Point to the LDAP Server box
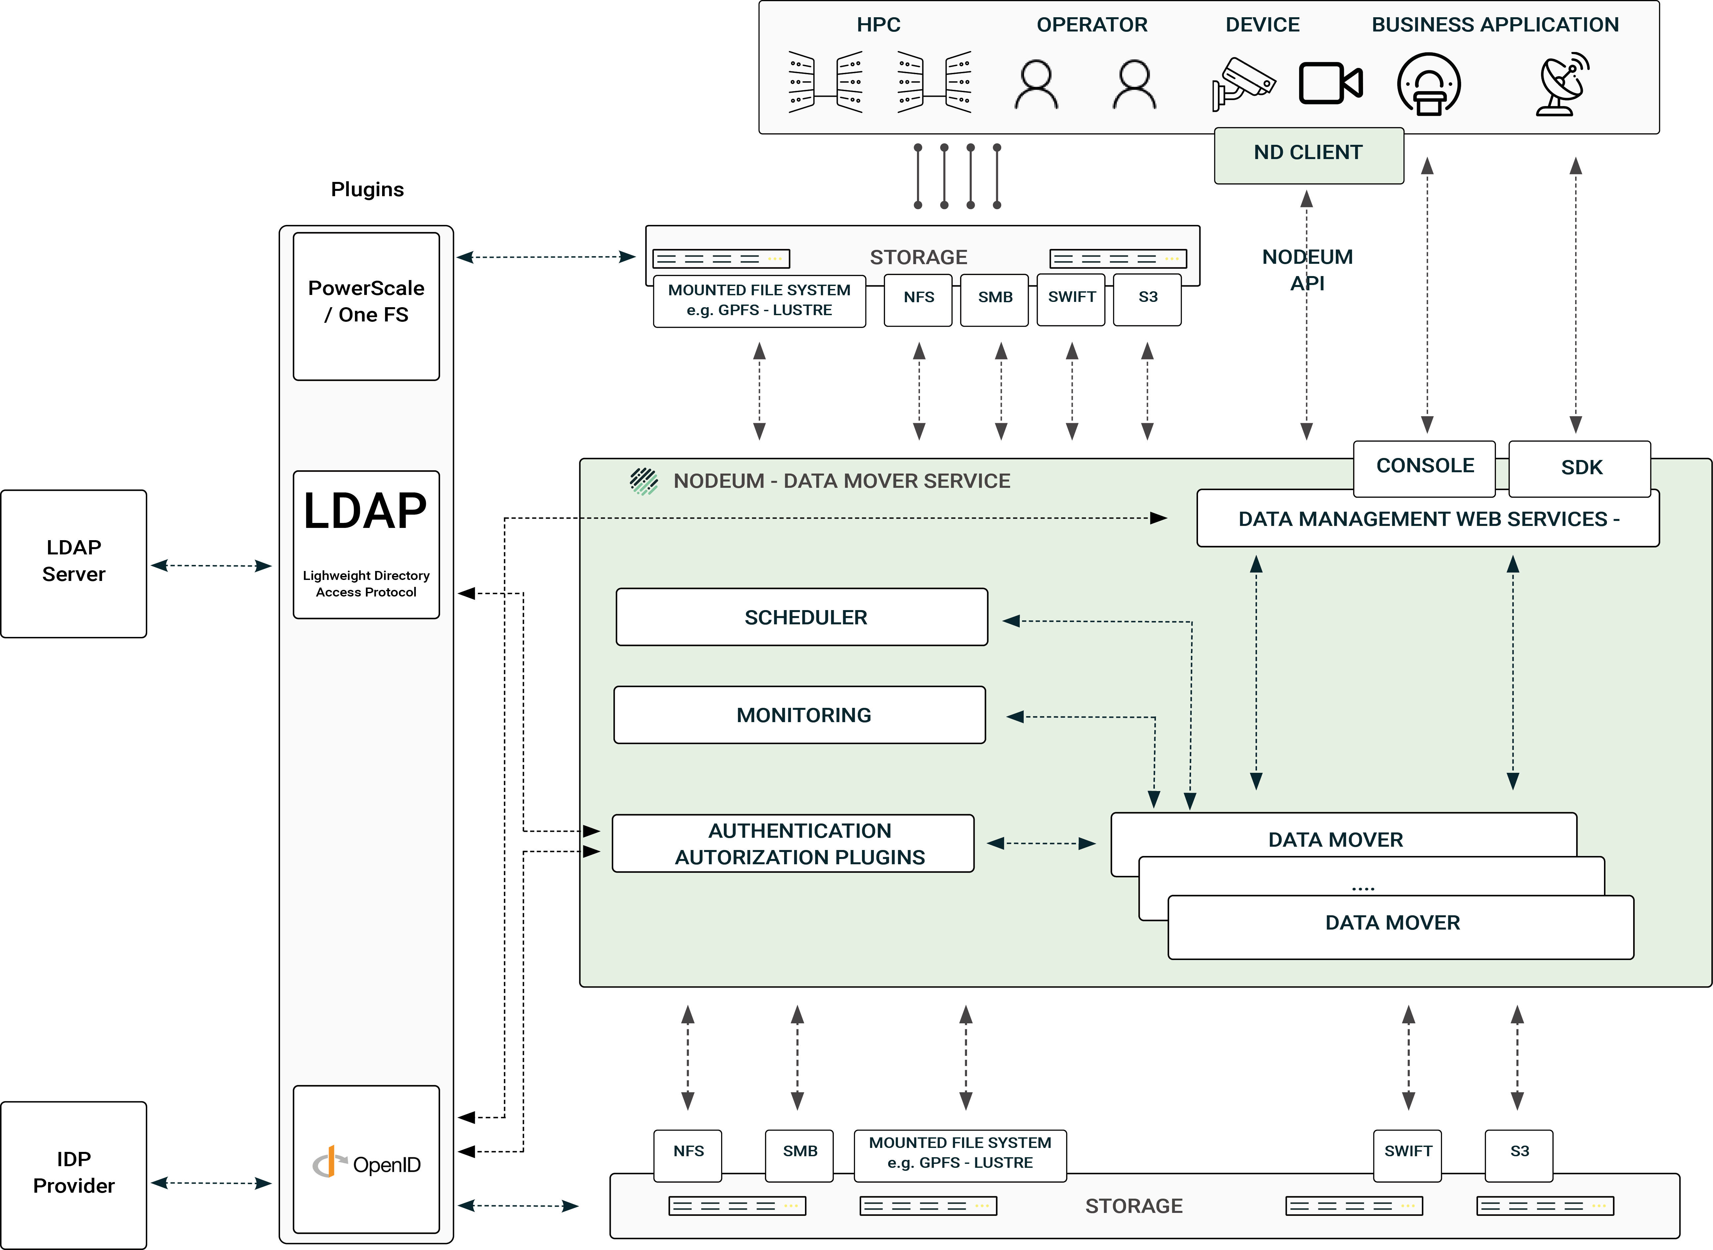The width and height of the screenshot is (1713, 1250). tap(73, 564)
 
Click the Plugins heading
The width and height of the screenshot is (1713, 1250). tap(367, 189)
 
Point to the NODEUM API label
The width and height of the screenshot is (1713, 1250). tap(1307, 269)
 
